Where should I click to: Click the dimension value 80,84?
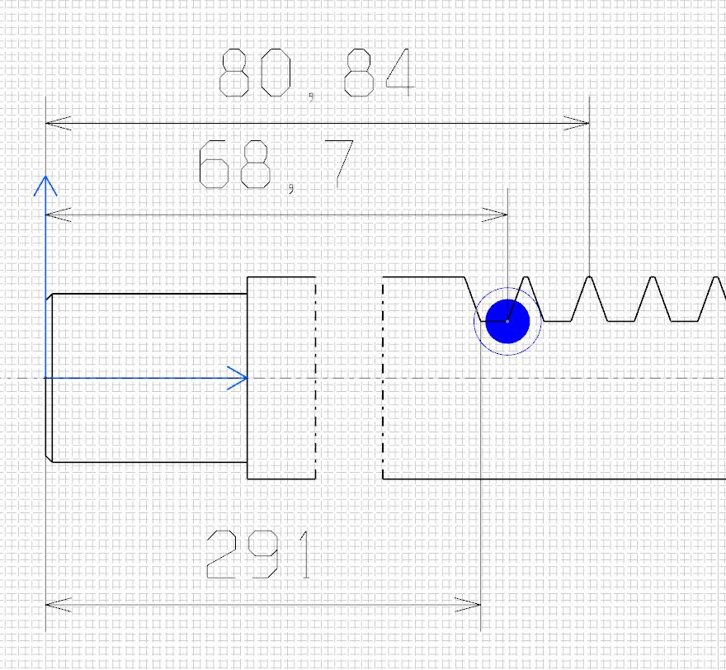[x=317, y=74]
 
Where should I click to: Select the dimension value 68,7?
[x=276, y=166]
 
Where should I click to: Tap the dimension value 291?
[x=259, y=554]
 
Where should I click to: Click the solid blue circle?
[x=507, y=321]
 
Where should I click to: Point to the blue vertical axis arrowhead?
[x=45, y=185]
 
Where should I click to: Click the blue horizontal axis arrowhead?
[x=238, y=378]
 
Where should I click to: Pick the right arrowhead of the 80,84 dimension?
[x=577, y=124]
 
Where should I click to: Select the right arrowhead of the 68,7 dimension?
[x=495, y=215]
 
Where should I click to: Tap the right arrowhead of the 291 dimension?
[x=468, y=605]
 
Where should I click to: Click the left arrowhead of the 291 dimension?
[x=59, y=605]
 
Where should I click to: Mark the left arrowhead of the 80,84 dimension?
[x=59, y=124]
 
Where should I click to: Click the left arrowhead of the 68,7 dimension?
[x=59, y=215]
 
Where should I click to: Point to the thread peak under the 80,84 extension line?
[x=589, y=277]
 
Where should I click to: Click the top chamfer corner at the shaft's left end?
[x=52, y=294]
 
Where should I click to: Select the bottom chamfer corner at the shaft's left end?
[x=52, y=462]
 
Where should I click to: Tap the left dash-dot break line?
[x=316, y=378]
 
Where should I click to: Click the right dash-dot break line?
[x=383, y=378]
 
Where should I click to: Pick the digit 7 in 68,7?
[x=339, y=164]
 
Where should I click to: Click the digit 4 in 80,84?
[x=400, y=73]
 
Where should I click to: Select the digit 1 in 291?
[x=304, y=554]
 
